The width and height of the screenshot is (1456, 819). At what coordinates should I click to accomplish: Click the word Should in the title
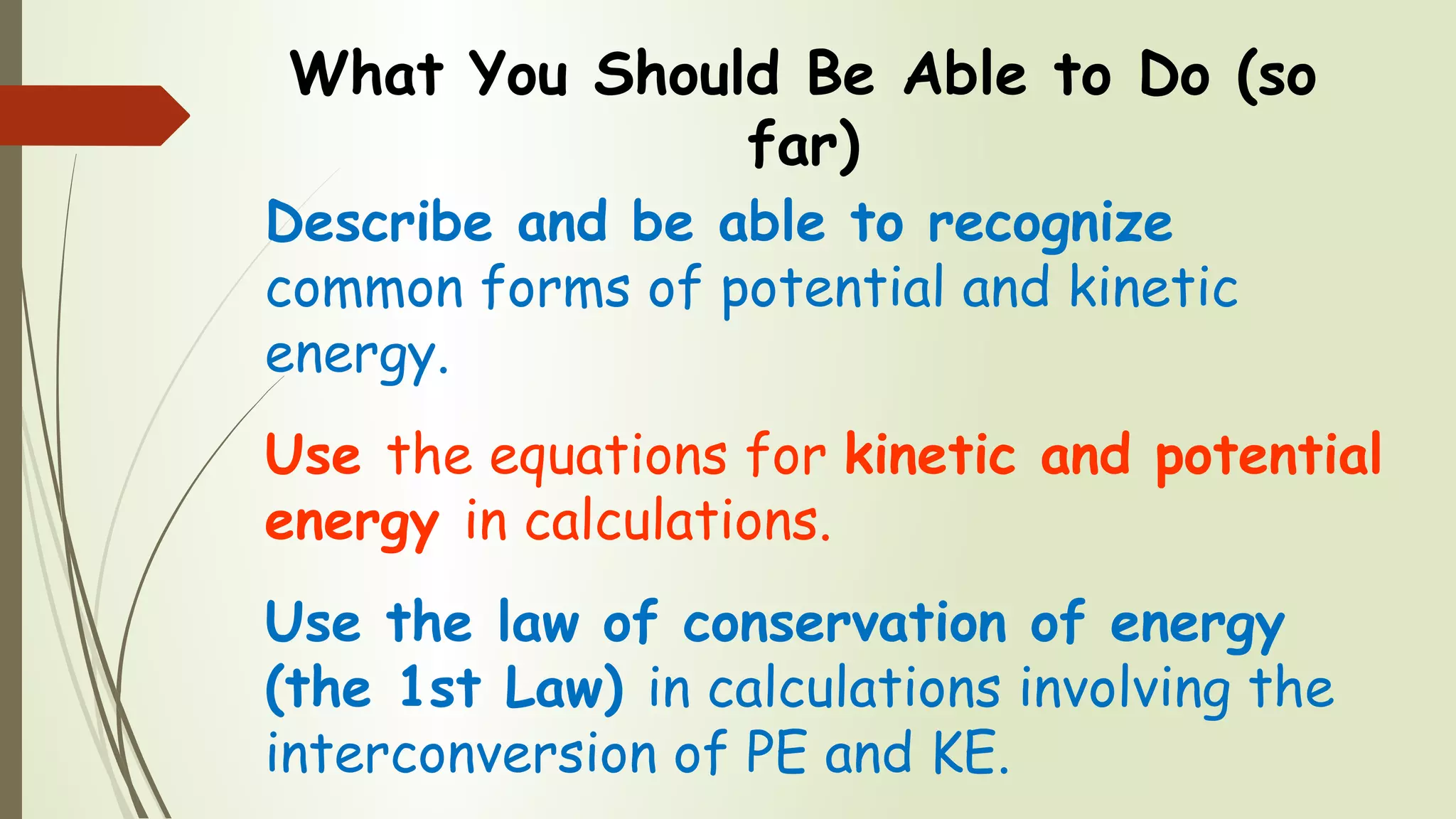tap(687, 74)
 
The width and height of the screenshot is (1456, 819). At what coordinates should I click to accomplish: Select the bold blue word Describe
tap(379, 223)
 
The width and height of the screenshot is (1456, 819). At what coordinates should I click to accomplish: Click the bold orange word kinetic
tap(930, 455)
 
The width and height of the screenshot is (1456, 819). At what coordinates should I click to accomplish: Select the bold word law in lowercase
tap(538, 623)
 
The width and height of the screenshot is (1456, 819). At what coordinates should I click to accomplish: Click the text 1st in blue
tap(440, 688)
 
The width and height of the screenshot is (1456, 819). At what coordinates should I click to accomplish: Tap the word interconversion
tap(461, 754)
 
